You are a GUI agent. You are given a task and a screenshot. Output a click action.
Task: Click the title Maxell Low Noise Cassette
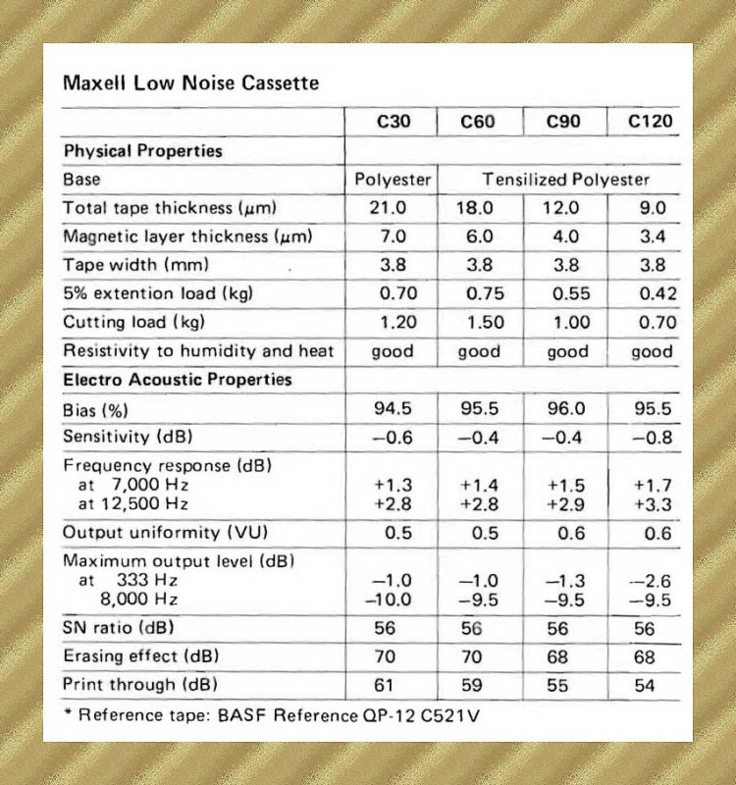tap(190, 82)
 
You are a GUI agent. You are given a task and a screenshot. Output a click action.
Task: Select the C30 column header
tap(394, 124)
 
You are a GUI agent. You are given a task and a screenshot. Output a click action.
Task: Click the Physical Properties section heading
tap(142, 151)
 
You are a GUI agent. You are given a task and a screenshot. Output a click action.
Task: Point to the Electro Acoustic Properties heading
tap(177, 380)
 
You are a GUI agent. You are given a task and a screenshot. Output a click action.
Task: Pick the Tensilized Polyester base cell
tap(565, 180)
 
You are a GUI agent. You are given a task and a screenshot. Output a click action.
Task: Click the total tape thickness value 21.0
tap(394, 208)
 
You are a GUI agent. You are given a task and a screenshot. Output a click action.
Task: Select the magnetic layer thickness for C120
tap(652, 236)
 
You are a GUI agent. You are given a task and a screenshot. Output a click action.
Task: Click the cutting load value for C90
tap(567, 322)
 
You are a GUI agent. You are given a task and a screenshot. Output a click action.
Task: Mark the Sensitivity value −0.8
tap(652, 437)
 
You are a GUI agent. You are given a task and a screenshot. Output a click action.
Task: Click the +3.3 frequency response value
tap(652, 503)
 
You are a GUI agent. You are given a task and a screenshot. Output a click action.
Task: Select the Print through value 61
tap(394, 685)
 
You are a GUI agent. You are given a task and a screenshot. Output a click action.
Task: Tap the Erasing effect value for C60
tap(478, 656)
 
